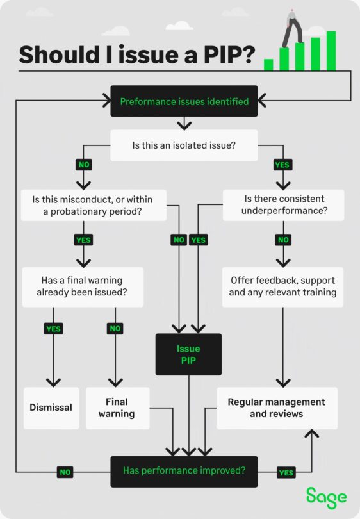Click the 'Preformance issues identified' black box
[184, 101]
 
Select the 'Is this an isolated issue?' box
[185, 145]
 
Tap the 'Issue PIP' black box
[188, 354]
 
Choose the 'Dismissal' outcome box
[51, 408]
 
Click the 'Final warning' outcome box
[117, 408]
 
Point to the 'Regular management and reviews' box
[277, 408]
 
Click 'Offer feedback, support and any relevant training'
[282, 286]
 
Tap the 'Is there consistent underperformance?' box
[283, 205]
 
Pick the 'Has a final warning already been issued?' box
[82, 286]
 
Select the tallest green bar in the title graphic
[331, 51]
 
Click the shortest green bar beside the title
[268, 65]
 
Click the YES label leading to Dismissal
[53, 329]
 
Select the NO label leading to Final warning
[115, 329]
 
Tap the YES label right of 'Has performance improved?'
[286, 472]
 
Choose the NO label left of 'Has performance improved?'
[65, 472]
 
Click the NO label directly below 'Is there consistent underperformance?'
[282, 240]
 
